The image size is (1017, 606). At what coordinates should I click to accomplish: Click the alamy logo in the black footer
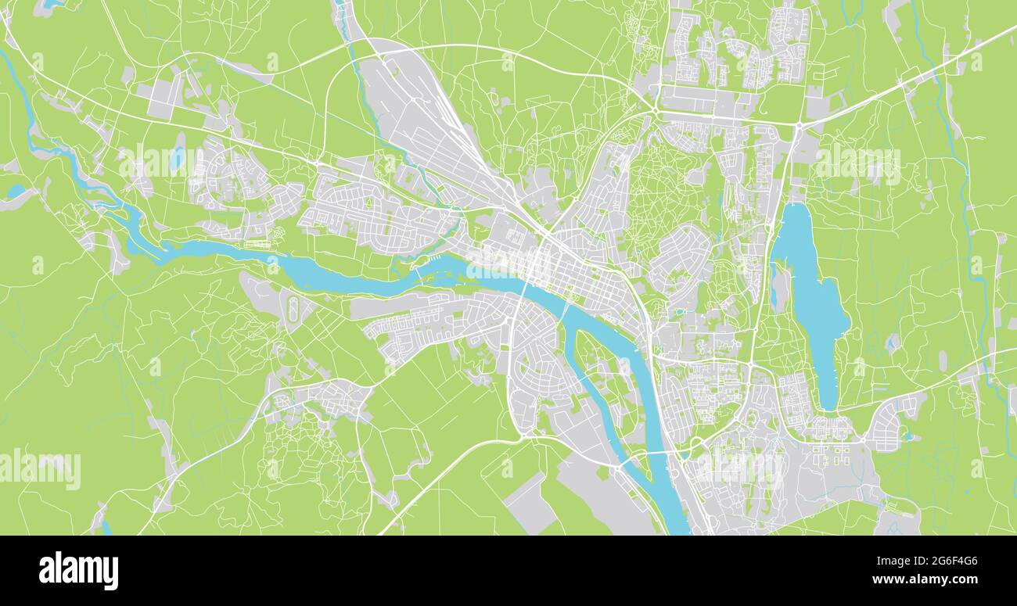pos(78,570)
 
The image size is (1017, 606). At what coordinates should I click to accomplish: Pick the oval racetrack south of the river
pos(294,305)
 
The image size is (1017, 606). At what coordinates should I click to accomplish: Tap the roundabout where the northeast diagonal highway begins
pos(798,125)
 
